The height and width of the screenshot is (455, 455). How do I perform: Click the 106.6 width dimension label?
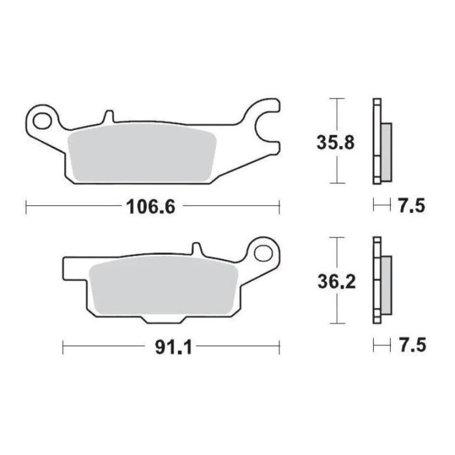150,207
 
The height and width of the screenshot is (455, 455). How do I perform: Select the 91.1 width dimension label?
172,347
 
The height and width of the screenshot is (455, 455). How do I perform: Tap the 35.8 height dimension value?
336,142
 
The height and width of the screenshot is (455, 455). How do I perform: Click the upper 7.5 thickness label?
410,207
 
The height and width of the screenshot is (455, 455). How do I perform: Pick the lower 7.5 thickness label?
410,347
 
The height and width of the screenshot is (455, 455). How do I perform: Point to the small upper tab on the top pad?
109,118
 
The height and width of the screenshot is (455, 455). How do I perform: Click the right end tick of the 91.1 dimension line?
279,347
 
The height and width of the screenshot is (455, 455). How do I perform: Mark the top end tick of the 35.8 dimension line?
336,99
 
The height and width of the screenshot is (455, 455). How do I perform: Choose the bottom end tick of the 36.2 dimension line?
336,323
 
